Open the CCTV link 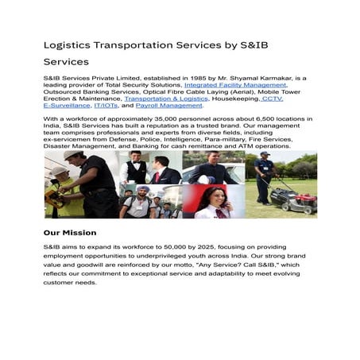point(271,98)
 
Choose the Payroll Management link point(168,105)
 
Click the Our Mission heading point(72,233)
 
